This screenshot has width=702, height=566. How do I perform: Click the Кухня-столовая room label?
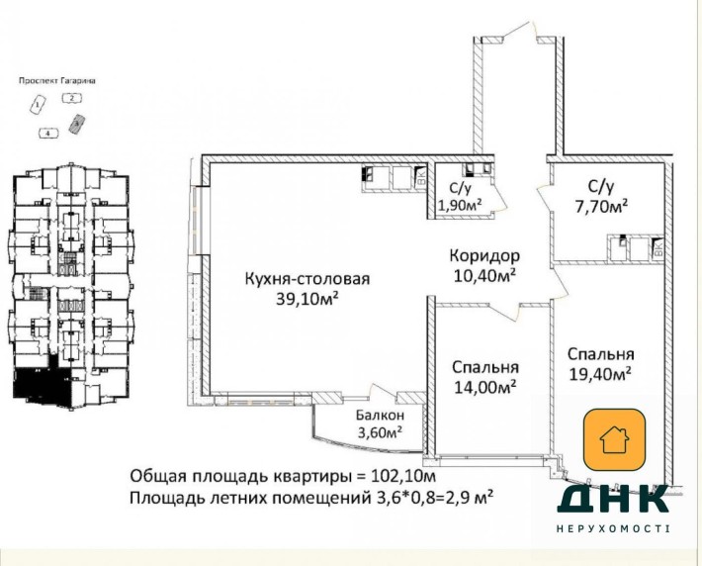[x=307, y=279]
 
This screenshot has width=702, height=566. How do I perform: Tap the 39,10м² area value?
[x=307, y=298]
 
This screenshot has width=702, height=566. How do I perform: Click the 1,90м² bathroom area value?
[x=460, y=205]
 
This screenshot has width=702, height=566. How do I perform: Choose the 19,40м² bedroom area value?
[x=600, y=373]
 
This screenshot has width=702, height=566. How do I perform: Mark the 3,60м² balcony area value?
[x=379, y=431]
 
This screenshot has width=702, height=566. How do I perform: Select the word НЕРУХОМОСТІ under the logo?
[x=614, y=530]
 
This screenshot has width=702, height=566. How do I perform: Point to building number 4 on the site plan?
[x=45, y=132]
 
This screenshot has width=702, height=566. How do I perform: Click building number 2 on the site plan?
[x=71, y=98]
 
